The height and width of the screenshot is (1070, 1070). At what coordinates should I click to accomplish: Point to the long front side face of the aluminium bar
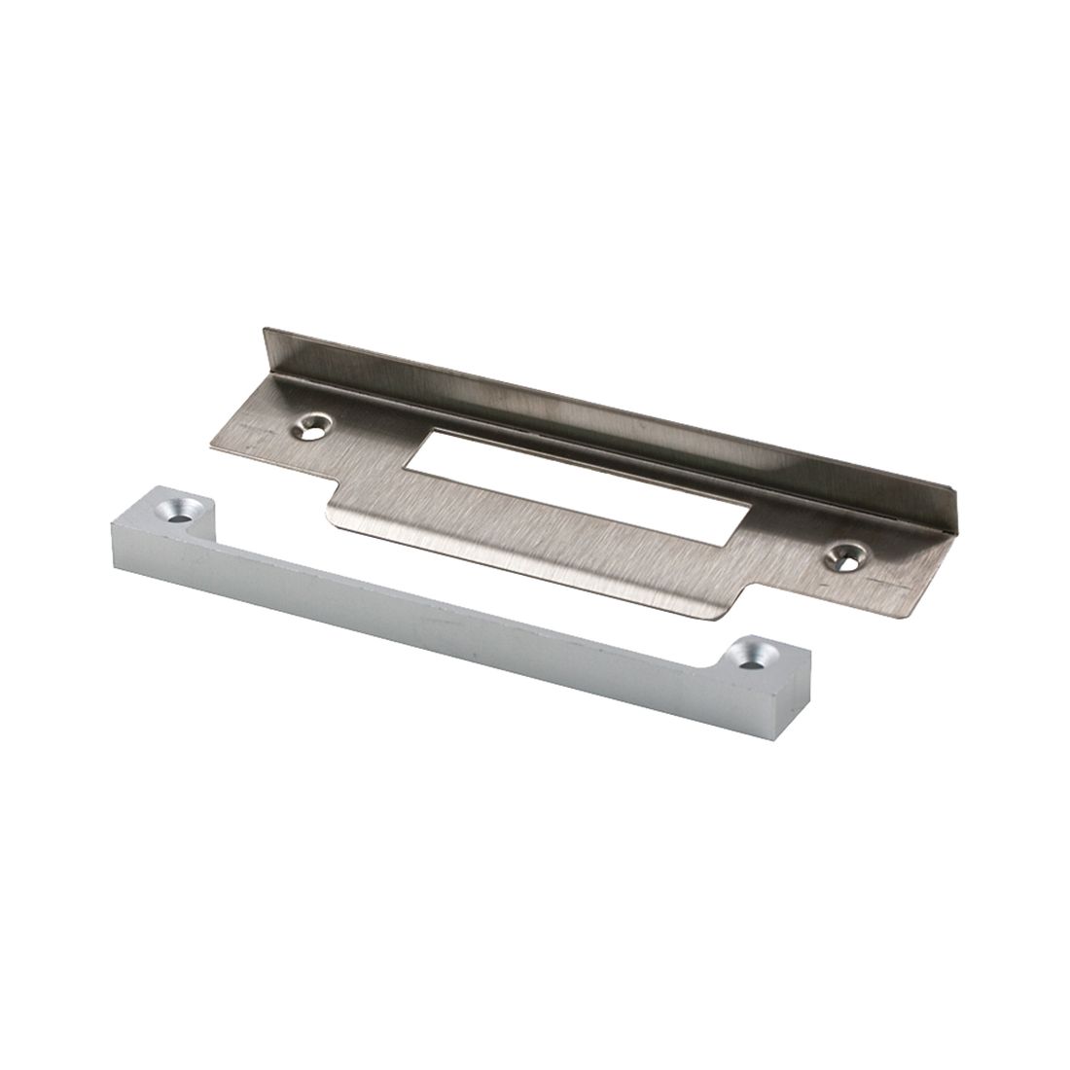438,623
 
